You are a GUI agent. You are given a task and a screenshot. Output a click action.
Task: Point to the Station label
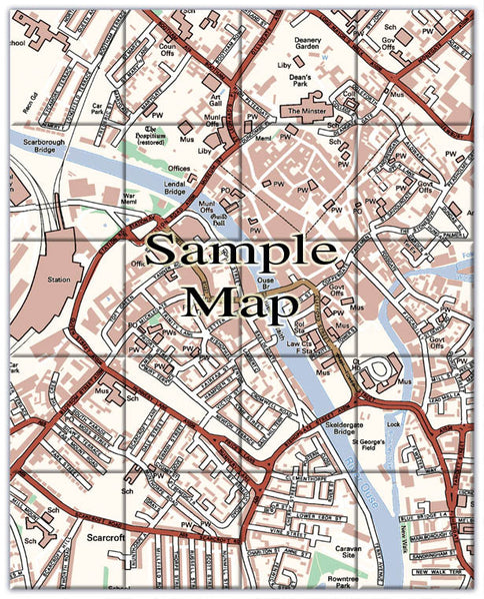point(60,280)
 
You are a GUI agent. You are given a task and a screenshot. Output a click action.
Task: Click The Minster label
point(308,111)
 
